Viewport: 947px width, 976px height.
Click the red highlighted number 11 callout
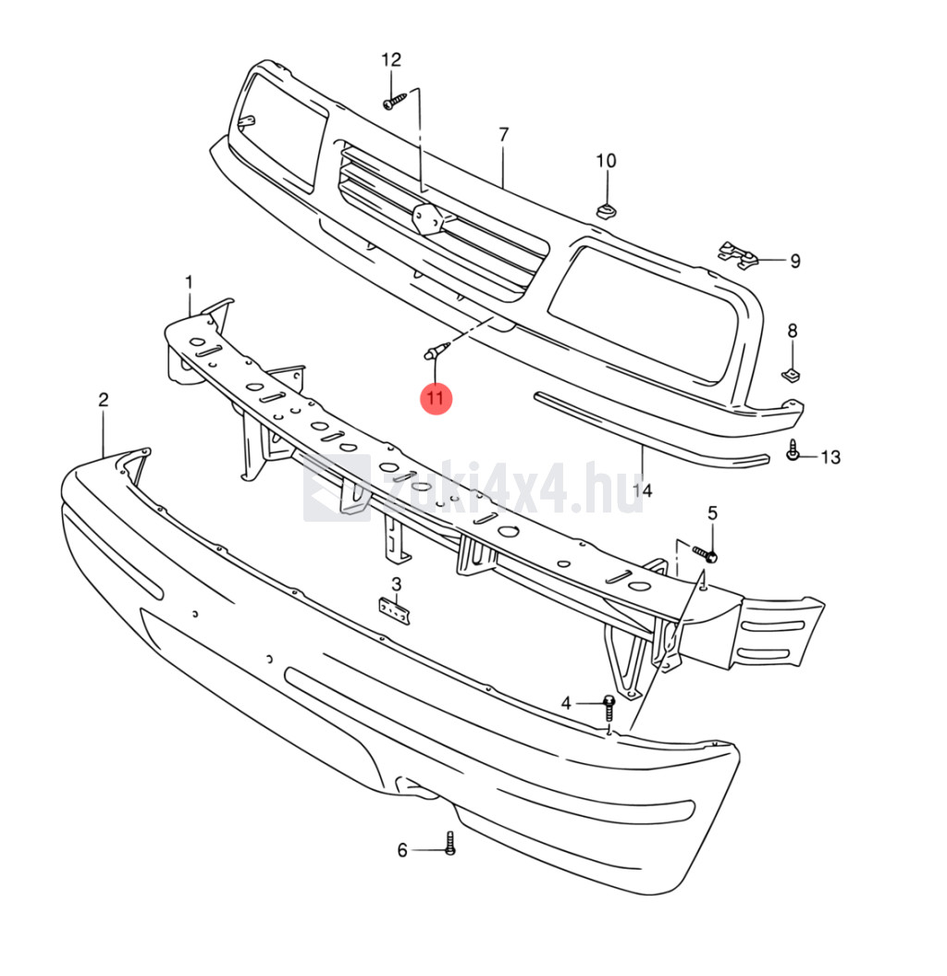click(x=436, y=398)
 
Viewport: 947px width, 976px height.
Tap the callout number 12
click(x=391, y=60)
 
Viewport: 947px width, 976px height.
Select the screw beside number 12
click(x=395, y=102)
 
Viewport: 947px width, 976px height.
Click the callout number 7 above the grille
click(x=503, y=134)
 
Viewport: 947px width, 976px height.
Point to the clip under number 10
click(x=607, y=211)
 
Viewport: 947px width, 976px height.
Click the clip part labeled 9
click(x=739, y=255)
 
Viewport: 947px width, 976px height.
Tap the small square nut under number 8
click(x=790, y=374)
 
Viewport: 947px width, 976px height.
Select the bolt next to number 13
click(x=793, y=450)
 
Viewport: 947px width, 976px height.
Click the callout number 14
click(x=642, y=490)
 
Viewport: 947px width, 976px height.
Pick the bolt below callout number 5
click(x=705, y=552)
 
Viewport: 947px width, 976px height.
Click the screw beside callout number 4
click(x=609, y=709)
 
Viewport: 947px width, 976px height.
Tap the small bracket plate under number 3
click(x=395, y=610)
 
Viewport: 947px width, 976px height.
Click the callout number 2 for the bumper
click(x=104, y=400)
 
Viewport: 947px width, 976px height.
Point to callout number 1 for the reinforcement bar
click(x=190, y=283)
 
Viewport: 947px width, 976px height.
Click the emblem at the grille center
click(x=429, y=220)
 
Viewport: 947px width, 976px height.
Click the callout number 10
click(x=606, y=161)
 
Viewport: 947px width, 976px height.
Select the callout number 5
click(x=712, y=513)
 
